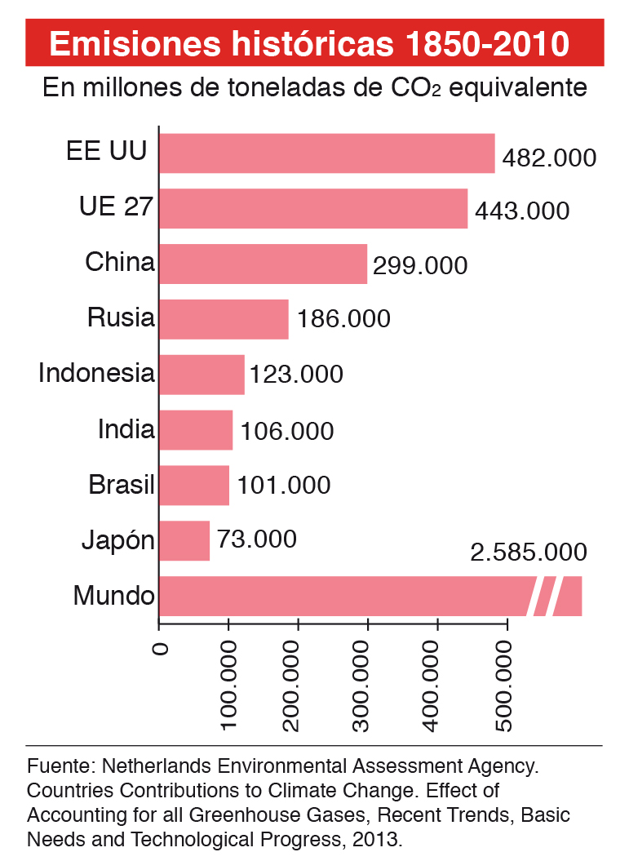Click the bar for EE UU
pyautogui.click(x=326, y=153)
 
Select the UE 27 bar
pyautogui.click(x=313, y=208)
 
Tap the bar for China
pyautogui.click(x=263, y=264)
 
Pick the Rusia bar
pyautogui.click(x=224, y=319)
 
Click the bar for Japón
pyautogui.click(x=184, y=540)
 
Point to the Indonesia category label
pyautogui.click(x=96, y=374)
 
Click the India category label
pyautogui.click(x=126, y=429)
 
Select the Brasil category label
pyautogui.click(x=122, y=485)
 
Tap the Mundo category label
pyautogui.click(x=113, y=596)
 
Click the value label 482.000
pyautogui.click(x=549, y=158)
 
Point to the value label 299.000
pyautogui.click(x=420, y=266)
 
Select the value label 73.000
pyautogui.click(x=256, y=539)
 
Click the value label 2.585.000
pyautogui.click(x=528, y=553)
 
